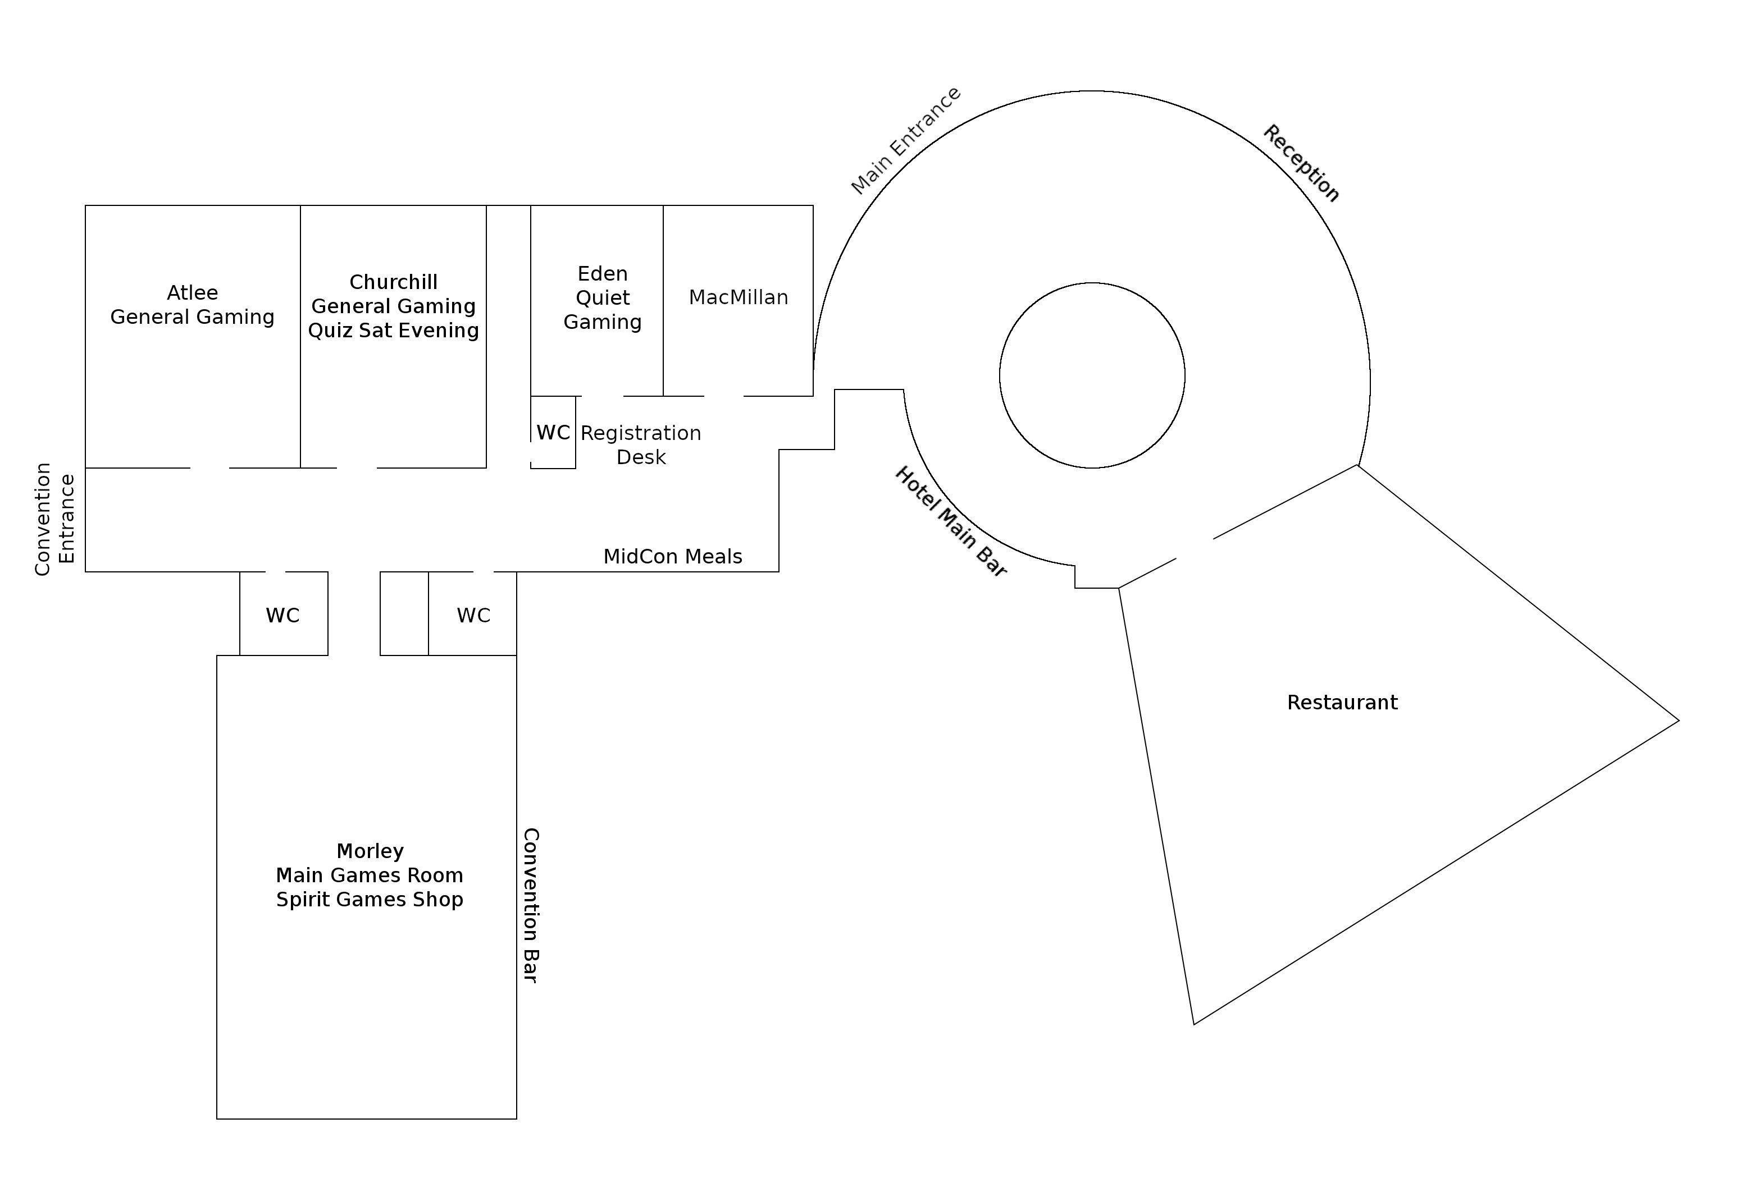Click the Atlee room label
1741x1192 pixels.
tap(193, 293)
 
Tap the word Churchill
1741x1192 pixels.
tap(393, 282)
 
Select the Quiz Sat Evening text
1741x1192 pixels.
tap(393, 330)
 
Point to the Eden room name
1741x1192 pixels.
tap(602, 273)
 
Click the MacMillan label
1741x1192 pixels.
tap(738, 297)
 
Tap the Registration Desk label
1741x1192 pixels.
tap(640, 444)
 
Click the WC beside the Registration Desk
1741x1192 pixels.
tap(553, 433)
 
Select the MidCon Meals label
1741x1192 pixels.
tap(673, 556)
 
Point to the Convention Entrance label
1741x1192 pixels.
tap(54, 519)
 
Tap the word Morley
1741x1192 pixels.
tap(370, 851)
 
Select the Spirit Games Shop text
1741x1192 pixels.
tap(370, 899)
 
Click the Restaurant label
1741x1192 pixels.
tap(1342, 702)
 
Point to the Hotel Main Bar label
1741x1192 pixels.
tap(951, 522)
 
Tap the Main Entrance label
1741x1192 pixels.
tap(906, 141)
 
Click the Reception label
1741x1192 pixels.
tap(1301, 163)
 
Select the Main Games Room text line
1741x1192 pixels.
tap(370, 875)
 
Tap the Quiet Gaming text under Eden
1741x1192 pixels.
tap(602, 310)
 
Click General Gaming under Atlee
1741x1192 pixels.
tap(193, 317)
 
